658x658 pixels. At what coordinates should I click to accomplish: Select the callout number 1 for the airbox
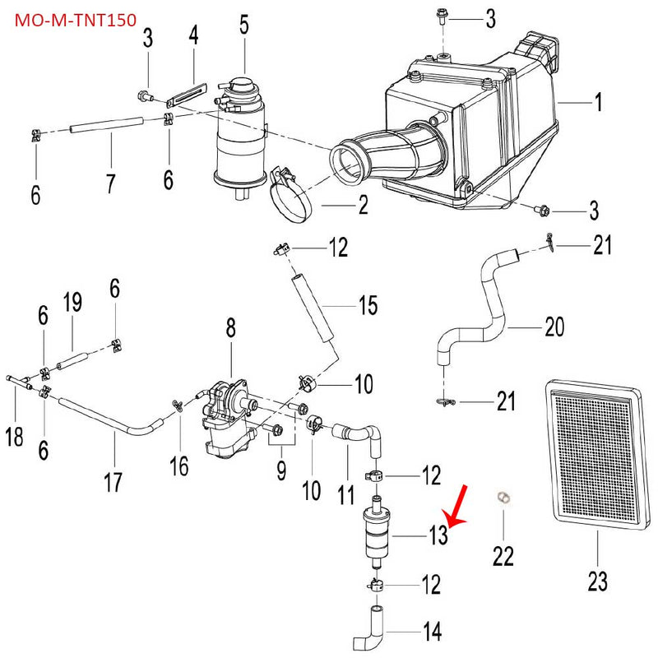point(599,102)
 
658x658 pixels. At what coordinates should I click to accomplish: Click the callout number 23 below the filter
point(598,582)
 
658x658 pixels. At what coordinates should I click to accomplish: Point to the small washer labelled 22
point(503,497)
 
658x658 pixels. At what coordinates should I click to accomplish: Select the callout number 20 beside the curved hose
point(554,327)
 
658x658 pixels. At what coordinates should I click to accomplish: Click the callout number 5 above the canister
point(244,25)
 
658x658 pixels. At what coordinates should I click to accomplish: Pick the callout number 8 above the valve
point(231,328)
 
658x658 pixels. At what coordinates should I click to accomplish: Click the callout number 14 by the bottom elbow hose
point(432,632)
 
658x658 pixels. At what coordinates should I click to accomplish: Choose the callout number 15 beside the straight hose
point(368,306)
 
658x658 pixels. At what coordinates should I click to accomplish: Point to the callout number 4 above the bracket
point(193,35)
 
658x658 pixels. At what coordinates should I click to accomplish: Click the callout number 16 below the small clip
point(179,466)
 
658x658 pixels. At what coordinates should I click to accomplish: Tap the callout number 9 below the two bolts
point(280,470)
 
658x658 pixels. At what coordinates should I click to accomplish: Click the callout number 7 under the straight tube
point(110,183)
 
